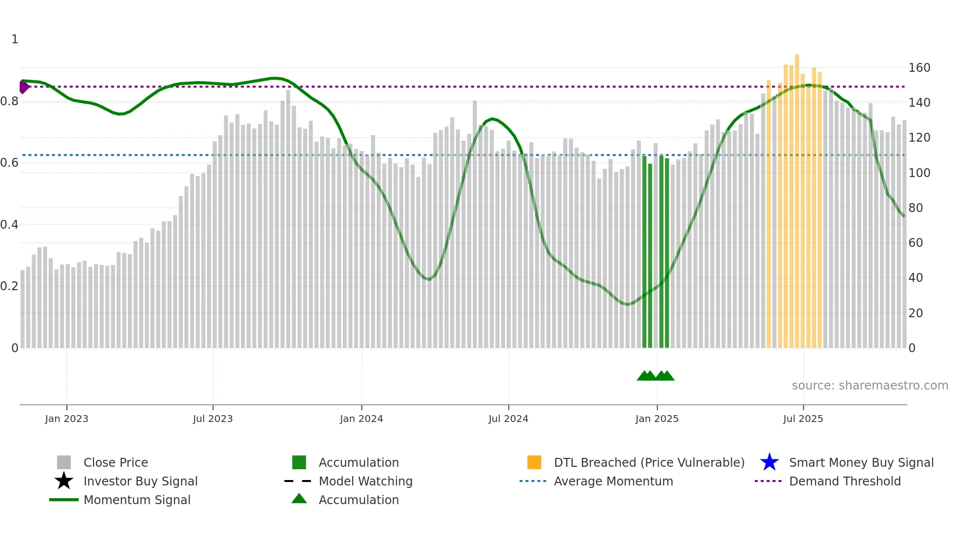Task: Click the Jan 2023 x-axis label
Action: (66, 419)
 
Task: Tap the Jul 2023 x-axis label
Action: (212, 419)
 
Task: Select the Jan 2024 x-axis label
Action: (361, 419)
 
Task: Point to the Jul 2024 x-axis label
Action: (508, 419)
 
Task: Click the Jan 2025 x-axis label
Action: (657, 419)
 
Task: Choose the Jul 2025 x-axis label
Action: (803, 419)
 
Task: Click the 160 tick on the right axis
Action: (919, 68)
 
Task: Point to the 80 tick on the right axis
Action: (916, 208)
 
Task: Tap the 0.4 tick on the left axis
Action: (9, 225)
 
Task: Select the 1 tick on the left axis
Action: (15, 39)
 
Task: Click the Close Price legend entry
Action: (116, 462)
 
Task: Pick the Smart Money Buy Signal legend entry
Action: (861, 462)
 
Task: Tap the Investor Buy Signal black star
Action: (64, 481)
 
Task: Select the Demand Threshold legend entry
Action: (844, 481)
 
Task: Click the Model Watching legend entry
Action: (365, 481)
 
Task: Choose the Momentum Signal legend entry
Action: (137, 500)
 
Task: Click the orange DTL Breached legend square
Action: (534, 462)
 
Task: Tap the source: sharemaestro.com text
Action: (870, 386)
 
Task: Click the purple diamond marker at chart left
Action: (24, 87)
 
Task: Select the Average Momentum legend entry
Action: (613, 481)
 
